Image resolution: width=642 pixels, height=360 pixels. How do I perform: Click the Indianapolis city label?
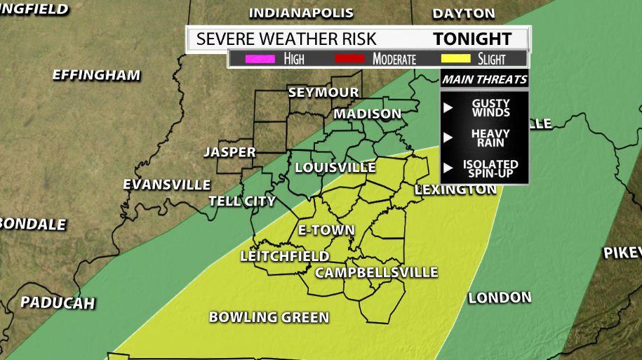click(301, 13)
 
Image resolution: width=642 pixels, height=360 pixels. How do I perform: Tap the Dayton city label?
click(464, 13)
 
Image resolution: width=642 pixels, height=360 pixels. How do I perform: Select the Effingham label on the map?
click(96, 75)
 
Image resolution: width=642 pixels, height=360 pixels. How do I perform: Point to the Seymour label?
click(323, 93)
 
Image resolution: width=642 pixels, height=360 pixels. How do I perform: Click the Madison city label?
click(367, 114)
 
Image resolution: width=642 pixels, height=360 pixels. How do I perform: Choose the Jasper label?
click(229, 152)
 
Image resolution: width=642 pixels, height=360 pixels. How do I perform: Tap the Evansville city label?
click(166, 185)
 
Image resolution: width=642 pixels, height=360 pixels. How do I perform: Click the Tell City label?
click(242, 201)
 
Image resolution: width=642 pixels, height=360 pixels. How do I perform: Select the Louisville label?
click(335, 168)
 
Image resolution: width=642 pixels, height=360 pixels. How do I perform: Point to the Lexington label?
click(455, 189)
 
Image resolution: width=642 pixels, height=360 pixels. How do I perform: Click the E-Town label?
click(326, 230)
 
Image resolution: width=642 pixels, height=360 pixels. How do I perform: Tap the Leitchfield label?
click(285, 257)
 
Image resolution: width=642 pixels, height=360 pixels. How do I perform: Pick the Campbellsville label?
click(376, 272)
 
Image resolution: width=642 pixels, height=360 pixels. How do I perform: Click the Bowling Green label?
click(269, 317)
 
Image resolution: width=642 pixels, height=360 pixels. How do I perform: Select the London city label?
click(500, 298)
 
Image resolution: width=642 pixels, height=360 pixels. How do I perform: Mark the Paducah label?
click(58, 302)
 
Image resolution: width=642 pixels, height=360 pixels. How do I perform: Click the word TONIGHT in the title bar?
click(472, 39)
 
